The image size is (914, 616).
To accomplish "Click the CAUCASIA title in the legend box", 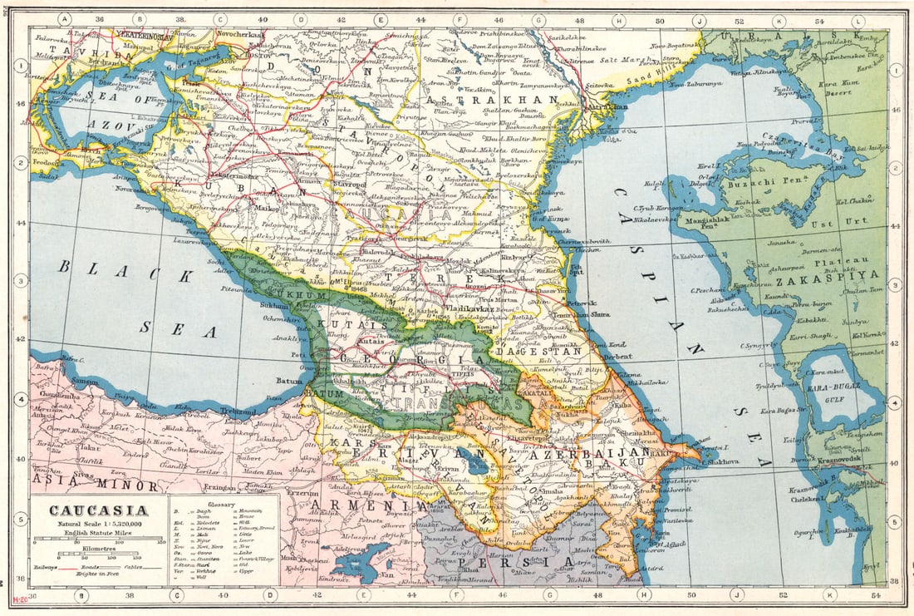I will (97, 510).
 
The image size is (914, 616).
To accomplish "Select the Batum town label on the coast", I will (288, 382).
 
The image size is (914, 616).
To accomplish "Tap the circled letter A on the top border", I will (65, 19).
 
